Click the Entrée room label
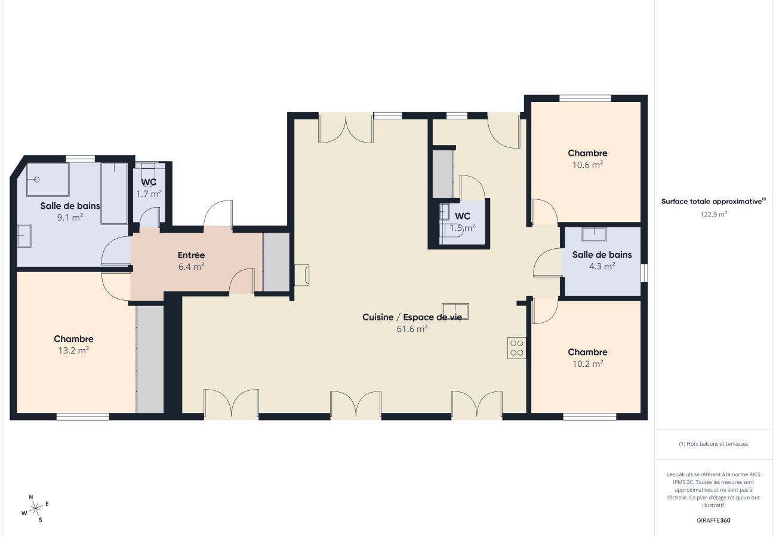[x=191, y=255]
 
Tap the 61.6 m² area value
[x=412, y=329]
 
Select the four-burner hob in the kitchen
[x=516, y=348]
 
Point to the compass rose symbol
[x=35, y=508]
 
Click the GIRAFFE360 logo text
[x=713, y=520]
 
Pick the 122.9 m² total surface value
[x=713, y=214]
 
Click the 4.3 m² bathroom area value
[x=602, y=267]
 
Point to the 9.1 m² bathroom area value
[x=70, y=217]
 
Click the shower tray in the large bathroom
[x=48, y=179]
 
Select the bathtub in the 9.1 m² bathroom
[x=113, y=193]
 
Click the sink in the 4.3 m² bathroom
[x=594, y=234]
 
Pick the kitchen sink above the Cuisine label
[x=455, y=311]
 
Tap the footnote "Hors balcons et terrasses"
[x=713, y=444]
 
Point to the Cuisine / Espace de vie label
[x=412, y=317]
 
